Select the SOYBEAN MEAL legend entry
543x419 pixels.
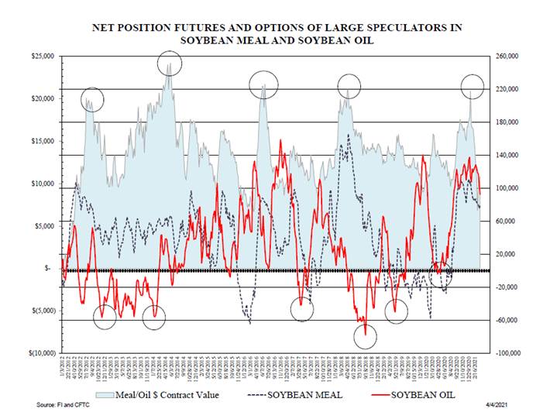pyautogui.click(x=297, y=395)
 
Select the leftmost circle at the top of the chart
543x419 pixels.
pyautogui.click(x=92, y=99)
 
